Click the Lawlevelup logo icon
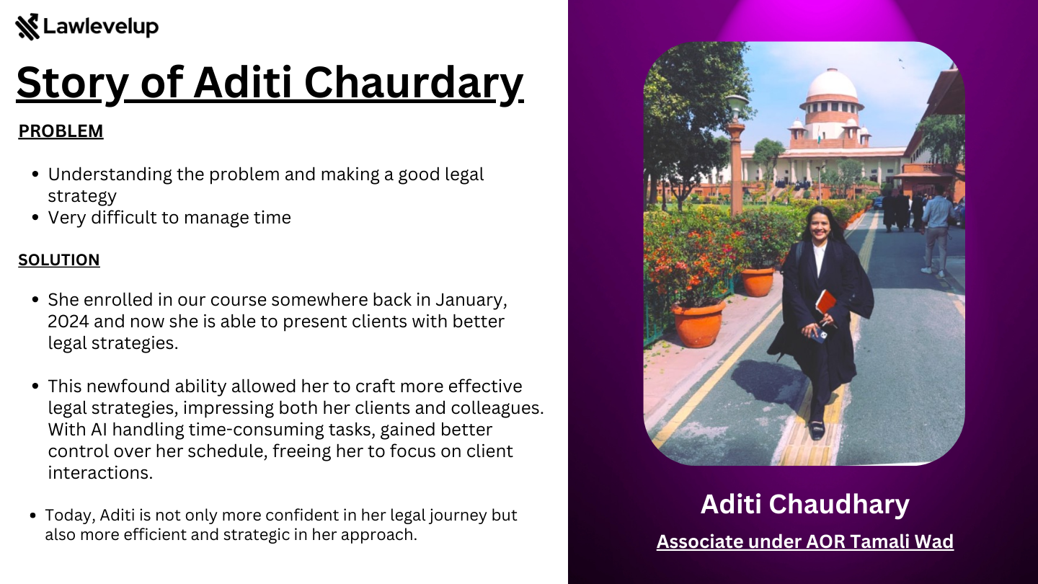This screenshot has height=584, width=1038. click(27, 27)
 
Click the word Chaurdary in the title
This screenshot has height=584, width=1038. click(414, 83)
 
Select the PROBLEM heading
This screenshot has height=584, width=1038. click(61, 131)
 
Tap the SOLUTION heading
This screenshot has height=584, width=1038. click(59, 260)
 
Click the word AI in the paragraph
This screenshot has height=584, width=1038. click(99, 430)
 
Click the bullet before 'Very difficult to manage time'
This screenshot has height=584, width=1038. click(35, 218)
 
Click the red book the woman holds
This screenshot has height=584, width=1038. click(825, 302)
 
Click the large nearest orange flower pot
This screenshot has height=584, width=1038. click(698, 324)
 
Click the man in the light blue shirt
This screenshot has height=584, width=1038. click(937, 231)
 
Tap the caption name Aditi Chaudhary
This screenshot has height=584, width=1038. click(805, 504)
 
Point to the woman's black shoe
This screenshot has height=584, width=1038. click(817, 430)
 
